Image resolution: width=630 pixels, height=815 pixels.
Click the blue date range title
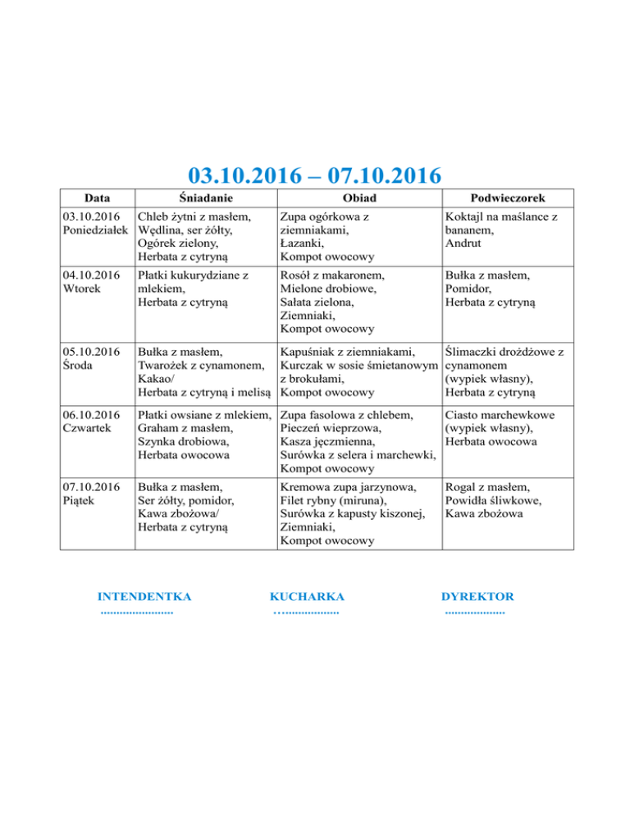[314, 175]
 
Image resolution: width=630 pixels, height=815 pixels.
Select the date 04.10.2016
[89, 276]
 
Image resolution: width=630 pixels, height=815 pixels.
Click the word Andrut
[465, 244]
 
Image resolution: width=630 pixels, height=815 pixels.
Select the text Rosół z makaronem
[333, 276]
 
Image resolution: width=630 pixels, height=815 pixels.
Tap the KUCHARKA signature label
[307, 596]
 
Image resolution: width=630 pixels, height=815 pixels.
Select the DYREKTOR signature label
[477, 596]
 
